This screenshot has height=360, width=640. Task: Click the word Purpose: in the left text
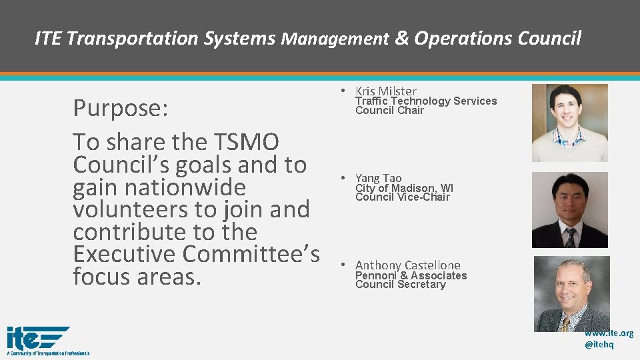point(121,108)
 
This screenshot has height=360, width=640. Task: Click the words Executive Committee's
point(197,254)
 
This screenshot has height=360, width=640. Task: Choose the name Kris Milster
point(385,91)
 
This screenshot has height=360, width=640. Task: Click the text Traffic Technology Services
point(425,101)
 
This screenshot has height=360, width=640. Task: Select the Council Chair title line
point(389,111)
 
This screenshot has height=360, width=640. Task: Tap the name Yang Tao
point(378,178)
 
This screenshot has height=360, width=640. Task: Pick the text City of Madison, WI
point(404,188)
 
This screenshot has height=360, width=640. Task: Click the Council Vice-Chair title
point(402,197)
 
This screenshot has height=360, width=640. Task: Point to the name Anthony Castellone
point(407,265)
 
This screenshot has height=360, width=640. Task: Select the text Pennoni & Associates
point(411,275)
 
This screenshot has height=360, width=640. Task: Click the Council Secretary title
point(400,285)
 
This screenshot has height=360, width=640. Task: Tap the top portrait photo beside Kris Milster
point(569,123)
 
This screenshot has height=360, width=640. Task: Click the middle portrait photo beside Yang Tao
point(569,210)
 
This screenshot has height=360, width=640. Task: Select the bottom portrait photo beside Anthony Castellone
point(571,293)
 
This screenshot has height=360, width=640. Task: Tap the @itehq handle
point(599,345)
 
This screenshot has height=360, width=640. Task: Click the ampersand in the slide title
point(402,39)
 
